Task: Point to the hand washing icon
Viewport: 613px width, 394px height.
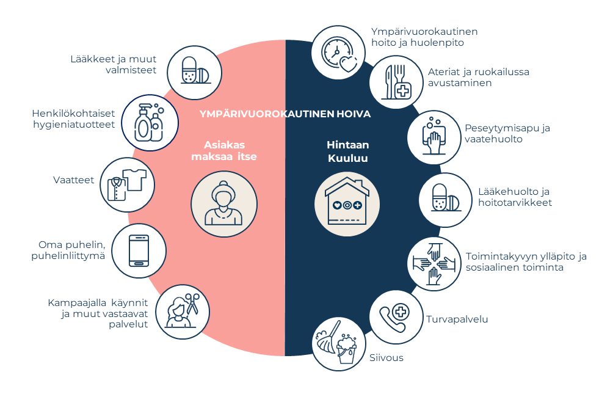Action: [434, 136]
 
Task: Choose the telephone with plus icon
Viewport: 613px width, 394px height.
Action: [396, 318]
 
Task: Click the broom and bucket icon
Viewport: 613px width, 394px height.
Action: [338, 343]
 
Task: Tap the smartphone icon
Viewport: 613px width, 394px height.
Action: [139, 251]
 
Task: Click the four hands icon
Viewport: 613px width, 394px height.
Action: [434, 263]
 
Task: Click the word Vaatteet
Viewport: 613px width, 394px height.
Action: [74, 181]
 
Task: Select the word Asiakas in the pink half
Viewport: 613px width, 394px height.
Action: [224, 145]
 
